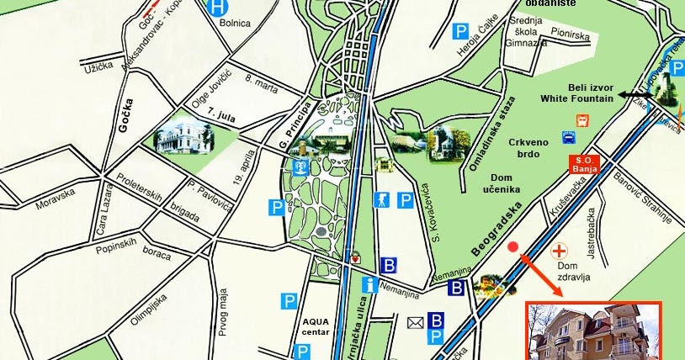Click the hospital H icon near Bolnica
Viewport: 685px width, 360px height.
pyautogui.click(x=219, y=7)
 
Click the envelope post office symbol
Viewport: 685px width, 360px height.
pyautogui.click(x=415, y=322)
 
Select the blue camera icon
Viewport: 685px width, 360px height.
pyautogui.click(x=381, y=200)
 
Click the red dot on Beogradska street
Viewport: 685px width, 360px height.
pyautogui.click(x=513, y=246)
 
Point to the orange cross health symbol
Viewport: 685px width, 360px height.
pyautogui.click(x=558, y=251)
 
